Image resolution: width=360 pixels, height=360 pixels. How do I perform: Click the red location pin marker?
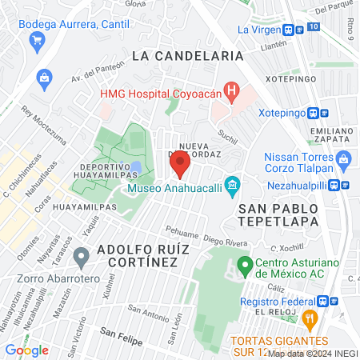click(179, 165)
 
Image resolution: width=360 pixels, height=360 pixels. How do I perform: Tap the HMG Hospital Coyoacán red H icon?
click(231, 91)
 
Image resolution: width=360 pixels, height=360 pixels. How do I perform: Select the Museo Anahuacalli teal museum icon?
click(232, 188)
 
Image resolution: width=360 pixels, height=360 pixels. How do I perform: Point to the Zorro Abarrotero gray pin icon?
click(80, 258)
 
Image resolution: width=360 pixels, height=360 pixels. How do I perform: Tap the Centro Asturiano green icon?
click(245, 264)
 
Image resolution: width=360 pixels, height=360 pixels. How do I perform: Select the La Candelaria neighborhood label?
click(187, 56)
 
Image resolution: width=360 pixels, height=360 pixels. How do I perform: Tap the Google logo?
click(26, 350)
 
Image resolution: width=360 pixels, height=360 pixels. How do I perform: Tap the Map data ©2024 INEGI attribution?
click(312, 353)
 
